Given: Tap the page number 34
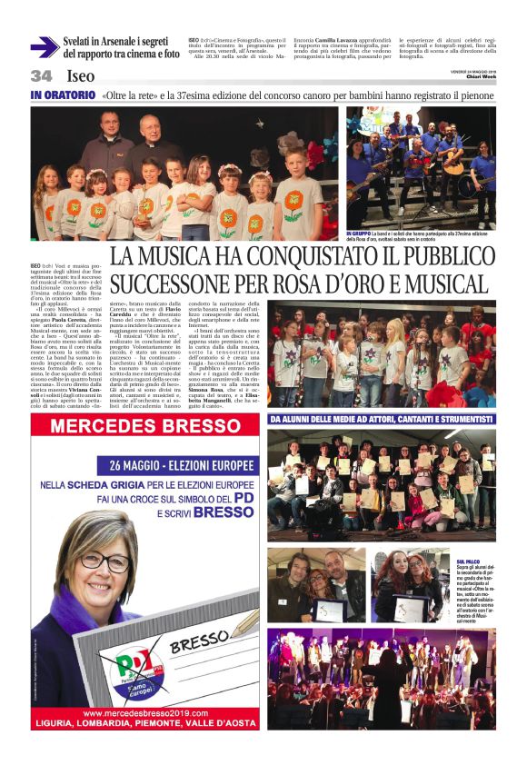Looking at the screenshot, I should coord(41,75).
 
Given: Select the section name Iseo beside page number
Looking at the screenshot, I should coord(78,76).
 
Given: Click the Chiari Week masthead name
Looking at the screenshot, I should coord(479,77).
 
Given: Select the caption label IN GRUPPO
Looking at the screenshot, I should coord(359,234).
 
